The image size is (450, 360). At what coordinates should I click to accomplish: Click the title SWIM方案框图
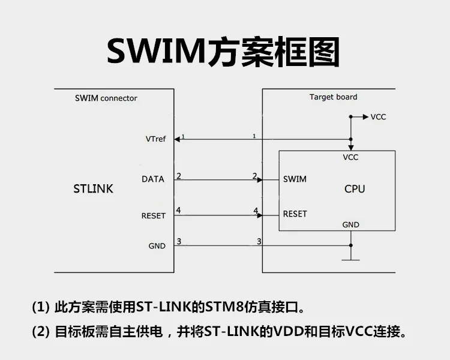pyautogui.click(x=223, y=51)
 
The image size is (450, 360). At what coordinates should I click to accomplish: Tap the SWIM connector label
pyautogui.click(x=106, y=98)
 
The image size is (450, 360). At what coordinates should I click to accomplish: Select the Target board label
pyautogui.click(x=333, y=97)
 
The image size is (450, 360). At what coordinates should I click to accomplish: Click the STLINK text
pyautogui.click(x=93, y=188)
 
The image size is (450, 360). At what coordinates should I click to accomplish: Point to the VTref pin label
pyautogui.click(x=155, y=139)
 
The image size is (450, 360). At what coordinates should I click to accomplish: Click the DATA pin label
pyautogui.click(x=153, y=179)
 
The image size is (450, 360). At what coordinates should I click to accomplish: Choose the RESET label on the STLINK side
pyautogui.click(x=153, y=215)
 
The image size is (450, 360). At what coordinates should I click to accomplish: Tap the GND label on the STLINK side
pyautogui.click(x=157, y=246)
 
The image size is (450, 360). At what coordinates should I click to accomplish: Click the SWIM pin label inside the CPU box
pyautogui.click(x=295, y=179)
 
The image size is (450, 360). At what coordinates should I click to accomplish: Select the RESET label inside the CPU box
pyautogui.click(x=295, y=214)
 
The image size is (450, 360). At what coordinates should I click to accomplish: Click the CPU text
pyautogui.click(x=355, y=188)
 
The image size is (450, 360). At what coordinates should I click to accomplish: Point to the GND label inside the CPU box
pyautogui.click(x=351, y=224)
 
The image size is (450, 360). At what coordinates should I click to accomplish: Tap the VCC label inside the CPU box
pyautogui.click(x=350, y=157)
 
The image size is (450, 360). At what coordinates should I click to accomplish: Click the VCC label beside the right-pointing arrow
pyautogui.click(x=378, y=116)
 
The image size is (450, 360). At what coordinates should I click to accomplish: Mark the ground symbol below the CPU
pyautogui.click(x=350, y=259)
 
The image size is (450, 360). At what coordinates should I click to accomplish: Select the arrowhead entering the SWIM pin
pyautogui.click(x=259, y=179)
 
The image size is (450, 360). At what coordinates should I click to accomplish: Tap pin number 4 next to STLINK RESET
pyautogui.click(x=179, y=211)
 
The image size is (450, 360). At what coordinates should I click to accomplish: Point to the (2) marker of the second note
pyautogui.click(x=40, y=331)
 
